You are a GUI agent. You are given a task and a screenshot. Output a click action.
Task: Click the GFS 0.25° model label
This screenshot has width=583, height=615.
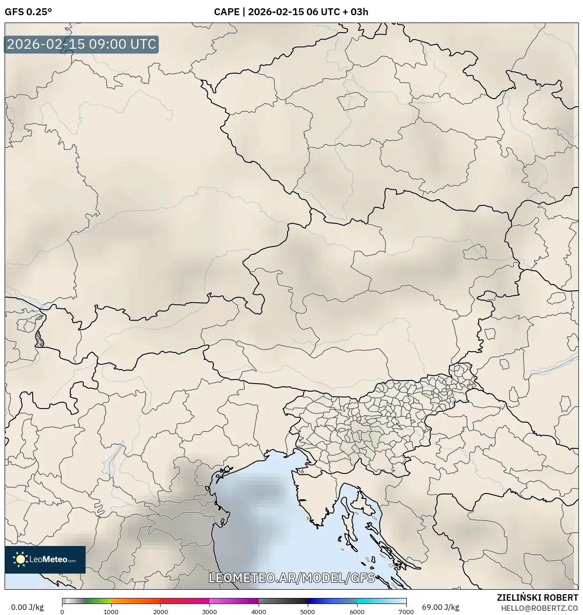click(28, 12)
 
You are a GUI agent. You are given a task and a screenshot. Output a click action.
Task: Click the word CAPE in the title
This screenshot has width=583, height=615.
click(226, 12)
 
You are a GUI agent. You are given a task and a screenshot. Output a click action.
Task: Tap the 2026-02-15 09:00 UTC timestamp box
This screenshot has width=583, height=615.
click(81, 44)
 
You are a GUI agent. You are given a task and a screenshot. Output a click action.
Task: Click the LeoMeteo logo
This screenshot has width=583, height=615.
click(45, 559)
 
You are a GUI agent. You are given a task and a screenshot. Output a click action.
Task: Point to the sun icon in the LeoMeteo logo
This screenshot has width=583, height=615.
click(20, 559)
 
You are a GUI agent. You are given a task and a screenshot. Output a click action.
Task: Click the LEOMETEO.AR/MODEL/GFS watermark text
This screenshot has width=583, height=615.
click(292, 578)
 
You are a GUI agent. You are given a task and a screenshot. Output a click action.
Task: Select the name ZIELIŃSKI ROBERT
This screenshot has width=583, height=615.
click(537, 598)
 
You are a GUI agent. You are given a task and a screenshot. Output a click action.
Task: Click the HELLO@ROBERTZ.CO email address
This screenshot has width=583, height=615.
click(539, 608)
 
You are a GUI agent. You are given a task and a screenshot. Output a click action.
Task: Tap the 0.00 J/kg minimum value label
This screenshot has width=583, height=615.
click(27, 607)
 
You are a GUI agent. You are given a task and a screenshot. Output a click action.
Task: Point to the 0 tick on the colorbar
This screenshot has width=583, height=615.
click(62, 612)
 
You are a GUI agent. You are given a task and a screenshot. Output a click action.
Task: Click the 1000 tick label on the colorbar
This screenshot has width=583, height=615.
click(111, 612)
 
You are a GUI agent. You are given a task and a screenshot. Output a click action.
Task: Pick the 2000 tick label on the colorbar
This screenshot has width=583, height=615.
click(160, 612)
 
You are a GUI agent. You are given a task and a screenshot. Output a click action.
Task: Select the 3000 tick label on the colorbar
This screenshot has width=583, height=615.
click(209, 612)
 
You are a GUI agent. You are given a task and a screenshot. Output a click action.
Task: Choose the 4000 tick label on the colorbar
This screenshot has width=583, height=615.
click(259, 612)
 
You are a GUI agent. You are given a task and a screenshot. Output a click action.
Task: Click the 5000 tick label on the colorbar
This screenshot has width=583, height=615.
click(307, 612)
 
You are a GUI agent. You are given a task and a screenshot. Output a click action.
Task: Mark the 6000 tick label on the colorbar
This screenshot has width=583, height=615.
click(357, 612)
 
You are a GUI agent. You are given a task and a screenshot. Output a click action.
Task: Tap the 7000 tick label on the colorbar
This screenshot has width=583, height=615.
click(406, 612)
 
